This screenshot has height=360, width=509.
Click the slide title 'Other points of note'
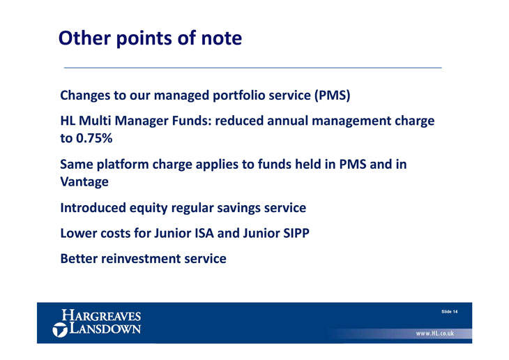pyautogui.click(x=150, y=38)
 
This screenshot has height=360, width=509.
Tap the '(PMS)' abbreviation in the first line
pyautogui.click(x=332, y=96)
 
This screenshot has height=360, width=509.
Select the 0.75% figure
pyautogui.click(x=94, y=138)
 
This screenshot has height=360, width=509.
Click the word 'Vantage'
pyautogui.click(x=84, y=181)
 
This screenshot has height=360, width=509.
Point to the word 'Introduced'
pyautogui.click(x=93, y=208)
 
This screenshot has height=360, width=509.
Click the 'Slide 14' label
pyautogui.click(x=449, y=312)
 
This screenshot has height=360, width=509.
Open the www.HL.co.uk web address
pyautogui.click(x=435, y=333)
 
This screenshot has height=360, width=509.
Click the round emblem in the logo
pyautogui.click(x=60, y=330)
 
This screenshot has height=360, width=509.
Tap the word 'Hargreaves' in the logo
pyautogui.click(x=101, y=315)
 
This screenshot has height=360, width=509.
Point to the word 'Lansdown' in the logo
pyautogui.click(x=105, y=328)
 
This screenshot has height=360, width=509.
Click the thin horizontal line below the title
pyautogui.click(x=253, y=68)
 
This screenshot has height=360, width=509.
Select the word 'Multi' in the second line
pyautogui.click(x=96, y=121)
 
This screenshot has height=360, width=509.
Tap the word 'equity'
pyautogui.click(x=149, y=209)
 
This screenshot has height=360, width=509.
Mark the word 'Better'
pyautogui.click(x=79, y=259)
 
